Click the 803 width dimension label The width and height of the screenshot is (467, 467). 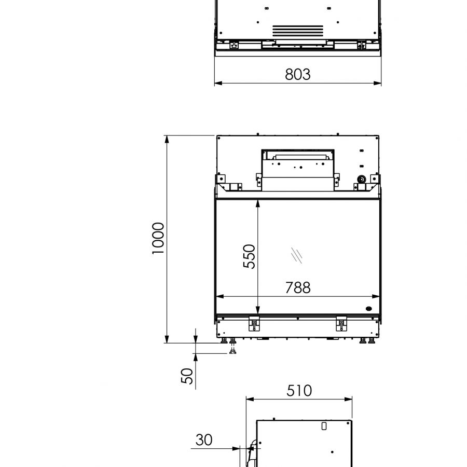click(x=297, y=74)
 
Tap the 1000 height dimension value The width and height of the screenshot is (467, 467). click(x=158, y=238)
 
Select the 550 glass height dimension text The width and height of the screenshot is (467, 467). click(x=249, y=256)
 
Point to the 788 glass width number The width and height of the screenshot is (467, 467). click(x=298, y=287)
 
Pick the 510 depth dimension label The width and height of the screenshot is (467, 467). click(x=299, y=390)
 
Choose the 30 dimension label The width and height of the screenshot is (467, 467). click(x=204, y=440)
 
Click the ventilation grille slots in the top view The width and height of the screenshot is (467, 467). click(x=298, y=31)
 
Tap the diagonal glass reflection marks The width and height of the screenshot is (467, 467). click(x=297, y=255)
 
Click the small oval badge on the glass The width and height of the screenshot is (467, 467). click(x=369, y=309)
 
